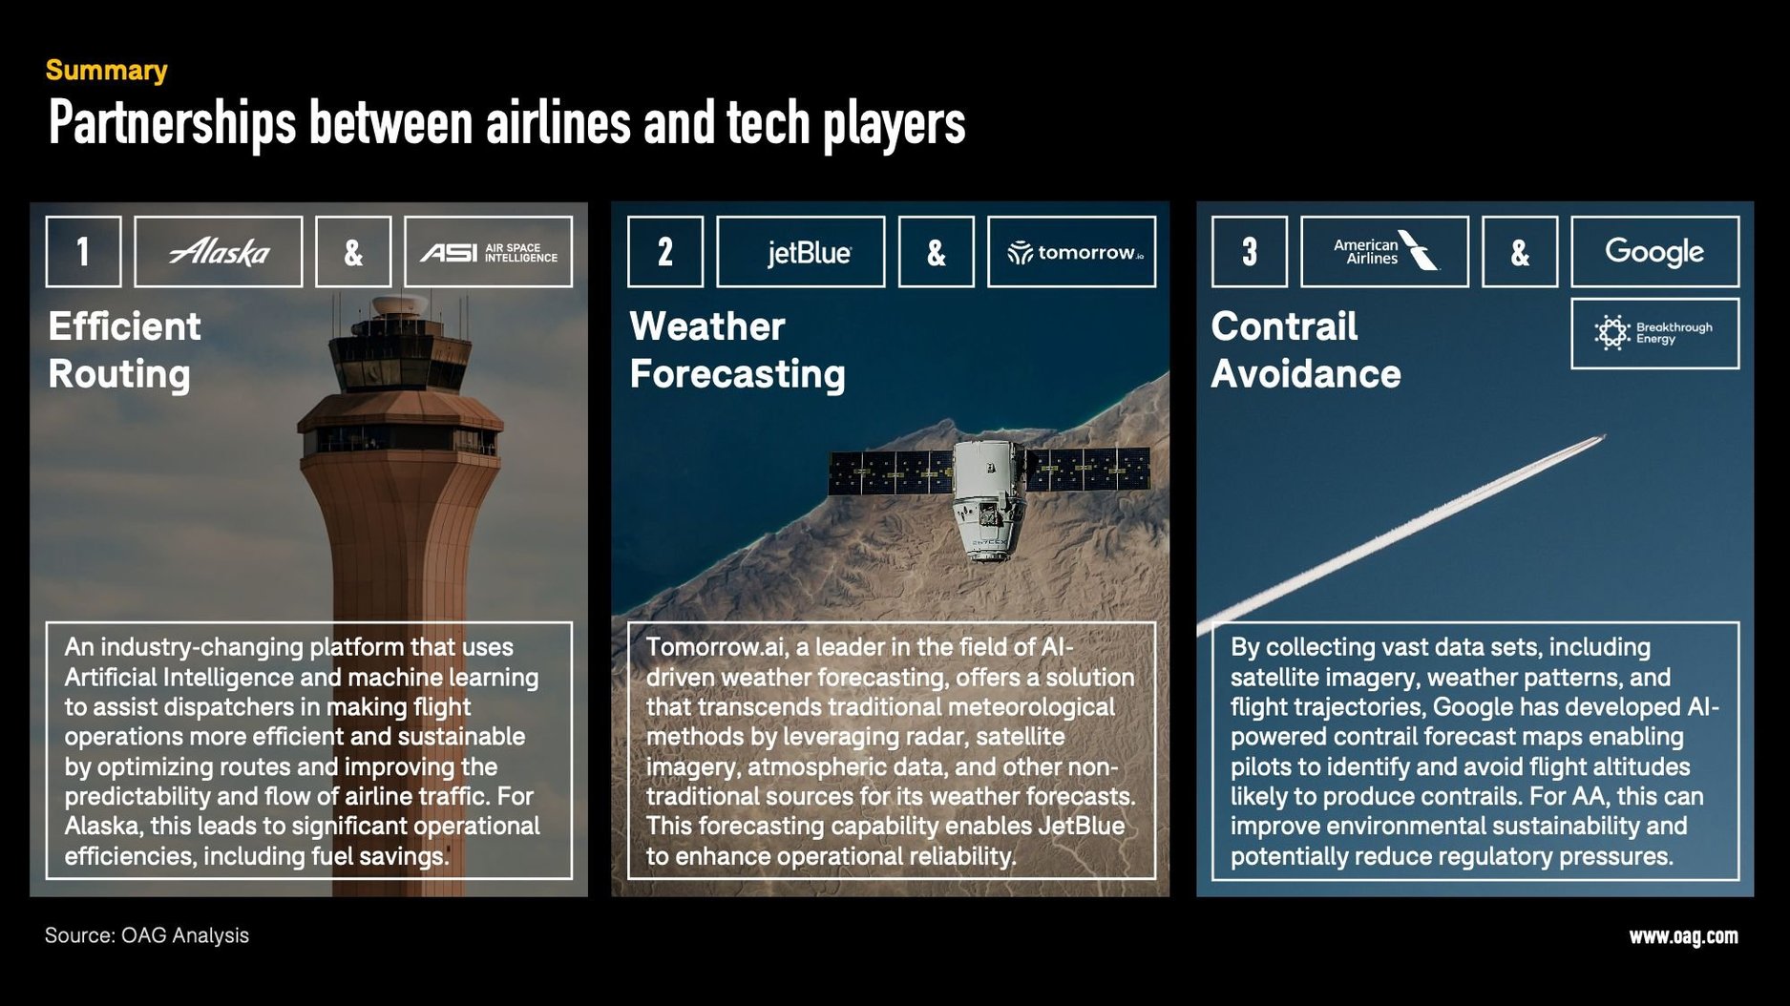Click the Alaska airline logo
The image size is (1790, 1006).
point(219,252)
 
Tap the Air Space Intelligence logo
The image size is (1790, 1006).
point(488,252)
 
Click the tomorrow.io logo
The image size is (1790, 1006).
point(1071,252)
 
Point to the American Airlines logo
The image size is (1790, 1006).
point(1384,252)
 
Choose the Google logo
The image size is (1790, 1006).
point(1654,252)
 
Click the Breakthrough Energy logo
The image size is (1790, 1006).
point(1654,333)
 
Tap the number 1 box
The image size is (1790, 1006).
point(83,252)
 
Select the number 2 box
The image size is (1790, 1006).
point(665,252)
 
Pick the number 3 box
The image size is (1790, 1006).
point(1249,252)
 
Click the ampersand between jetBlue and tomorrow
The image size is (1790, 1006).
point(936,252)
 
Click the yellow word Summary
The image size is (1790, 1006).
point(107,71)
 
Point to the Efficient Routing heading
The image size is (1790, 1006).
point(124,350)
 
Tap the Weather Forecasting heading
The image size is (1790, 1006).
point(737,350)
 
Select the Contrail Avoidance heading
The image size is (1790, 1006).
point(1305,350)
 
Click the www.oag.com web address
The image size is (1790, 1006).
point(1683,936)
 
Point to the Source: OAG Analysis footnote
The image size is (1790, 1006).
point(147,935)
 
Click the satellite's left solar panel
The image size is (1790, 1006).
point(890,472)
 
